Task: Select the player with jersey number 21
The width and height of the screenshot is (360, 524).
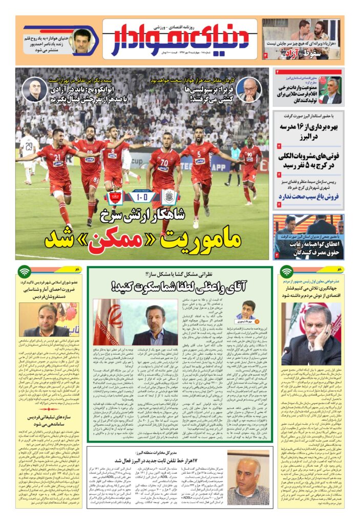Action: point(56,164)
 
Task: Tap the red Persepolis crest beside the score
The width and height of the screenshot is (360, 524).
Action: point(114,197)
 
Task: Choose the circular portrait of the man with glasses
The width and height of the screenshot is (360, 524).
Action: point(249,90)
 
